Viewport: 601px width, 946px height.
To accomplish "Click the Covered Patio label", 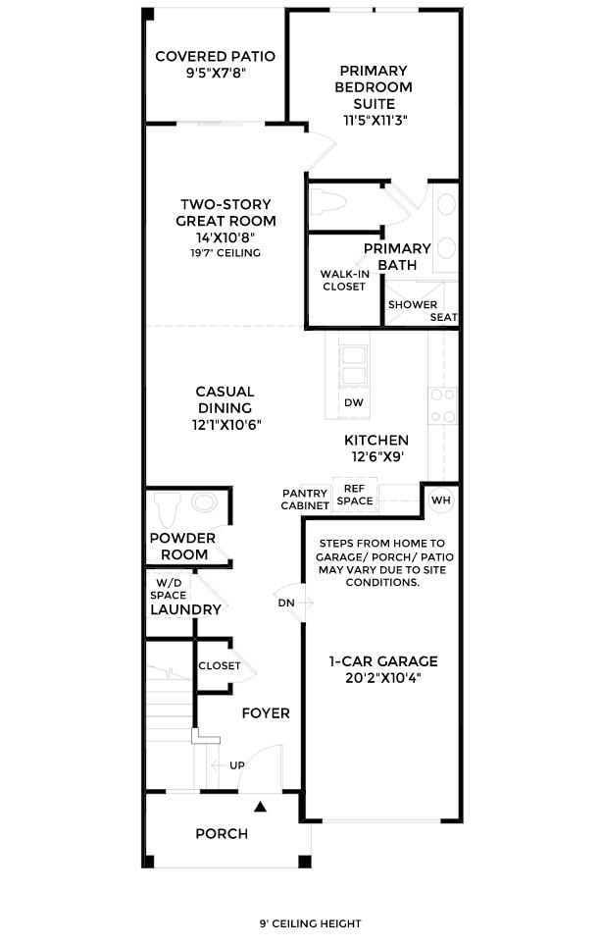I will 215,57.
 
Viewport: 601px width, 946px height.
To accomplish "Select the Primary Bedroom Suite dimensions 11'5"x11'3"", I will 375,120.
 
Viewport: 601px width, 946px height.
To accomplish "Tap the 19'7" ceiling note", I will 225,253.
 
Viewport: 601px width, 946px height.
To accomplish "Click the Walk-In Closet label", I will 343,280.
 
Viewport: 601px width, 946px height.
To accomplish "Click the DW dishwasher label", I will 353,402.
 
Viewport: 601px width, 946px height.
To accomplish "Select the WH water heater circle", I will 440,499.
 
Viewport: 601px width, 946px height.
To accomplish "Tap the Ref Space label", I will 355,495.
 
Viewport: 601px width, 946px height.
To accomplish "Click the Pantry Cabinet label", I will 305,499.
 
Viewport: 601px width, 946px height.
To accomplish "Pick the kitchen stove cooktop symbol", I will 442,405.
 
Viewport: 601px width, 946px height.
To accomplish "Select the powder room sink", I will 206,503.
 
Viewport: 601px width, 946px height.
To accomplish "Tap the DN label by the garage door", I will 285,603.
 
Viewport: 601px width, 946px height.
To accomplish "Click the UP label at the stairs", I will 236,764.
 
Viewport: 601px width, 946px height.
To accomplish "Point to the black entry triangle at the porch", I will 261,807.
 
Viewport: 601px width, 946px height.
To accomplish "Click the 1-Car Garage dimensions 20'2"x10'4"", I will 382,677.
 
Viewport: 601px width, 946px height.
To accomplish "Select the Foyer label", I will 266,712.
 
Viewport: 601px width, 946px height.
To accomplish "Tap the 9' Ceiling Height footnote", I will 310,923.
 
